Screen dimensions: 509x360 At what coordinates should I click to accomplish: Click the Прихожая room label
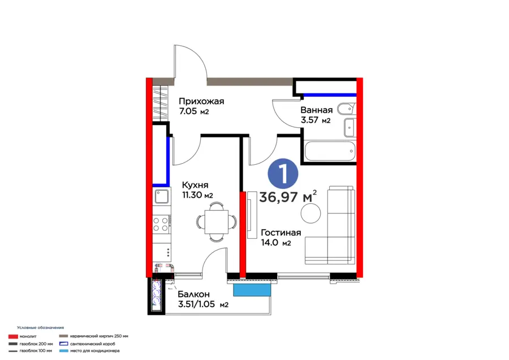point(201,101)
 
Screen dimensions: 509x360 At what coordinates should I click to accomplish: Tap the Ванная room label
point(317,110)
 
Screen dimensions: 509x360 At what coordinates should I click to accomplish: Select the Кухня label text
point(195,185)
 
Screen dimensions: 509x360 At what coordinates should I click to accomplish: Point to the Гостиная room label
point(281,233)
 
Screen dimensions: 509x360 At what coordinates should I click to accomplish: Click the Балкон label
point(194,294)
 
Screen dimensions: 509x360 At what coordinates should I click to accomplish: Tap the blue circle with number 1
point(283,174)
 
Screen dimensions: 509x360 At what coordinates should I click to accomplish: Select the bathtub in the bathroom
point(330,151)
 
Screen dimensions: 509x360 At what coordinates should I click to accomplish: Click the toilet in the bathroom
point(347,109)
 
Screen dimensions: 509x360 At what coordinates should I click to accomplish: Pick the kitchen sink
point(161,196)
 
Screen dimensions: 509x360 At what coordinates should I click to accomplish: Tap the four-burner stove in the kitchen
point(161,224)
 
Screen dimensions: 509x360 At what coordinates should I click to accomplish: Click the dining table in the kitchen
point(217,221)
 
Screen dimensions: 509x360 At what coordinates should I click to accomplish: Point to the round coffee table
point(310,213)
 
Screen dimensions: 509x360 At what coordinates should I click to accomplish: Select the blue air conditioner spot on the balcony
point(252,290)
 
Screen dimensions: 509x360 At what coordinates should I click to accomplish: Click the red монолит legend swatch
point(14,337)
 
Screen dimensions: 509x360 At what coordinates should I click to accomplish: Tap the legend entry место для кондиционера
point(95,351)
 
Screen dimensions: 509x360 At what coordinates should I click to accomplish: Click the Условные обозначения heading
point(41,328)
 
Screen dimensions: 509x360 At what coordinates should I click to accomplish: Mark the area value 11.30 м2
point(197,195)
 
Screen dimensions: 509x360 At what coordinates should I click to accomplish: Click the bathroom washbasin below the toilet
point(350,127)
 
